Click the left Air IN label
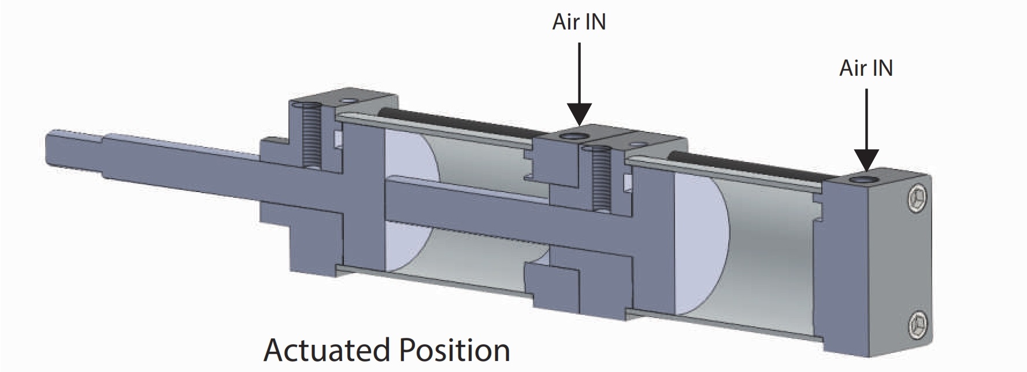(x=579, y=22)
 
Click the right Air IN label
(x=866, y=68)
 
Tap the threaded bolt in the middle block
(x=602, y=179)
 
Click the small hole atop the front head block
(x=346, y=101)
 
